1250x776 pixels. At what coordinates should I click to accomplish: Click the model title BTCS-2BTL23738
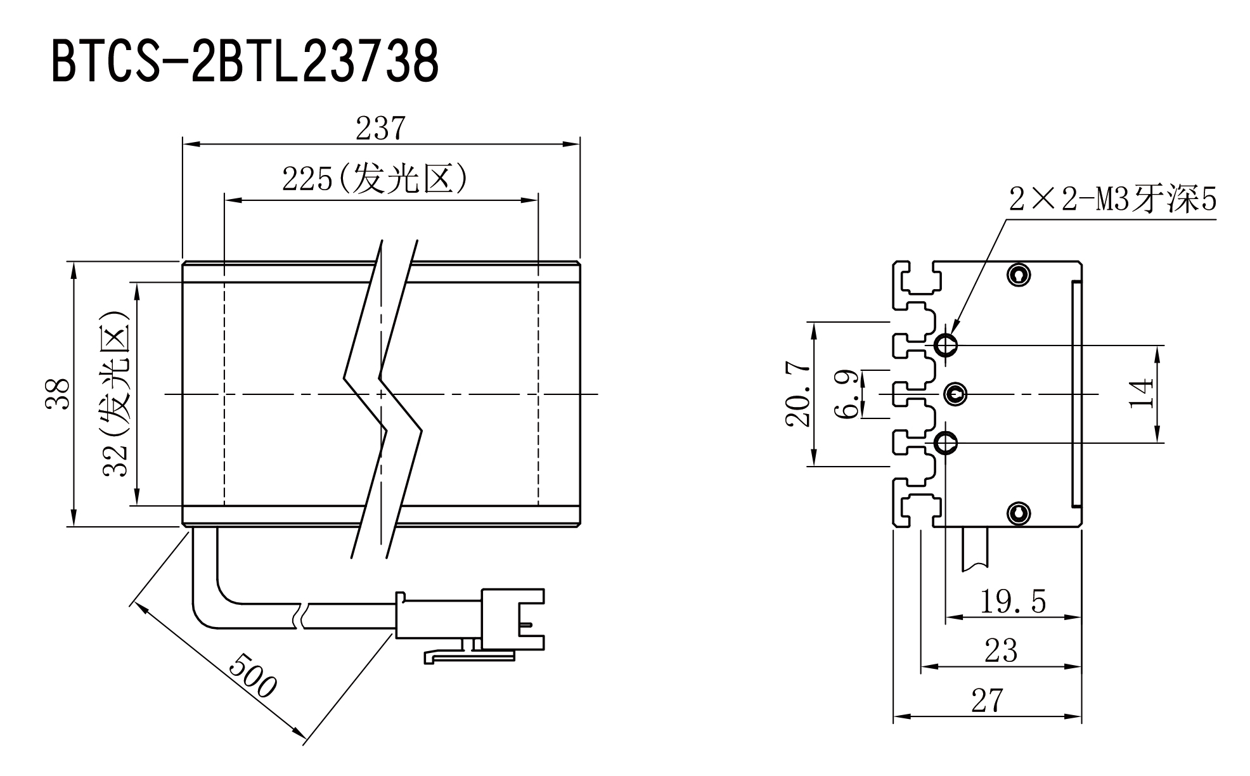tap(245, 61)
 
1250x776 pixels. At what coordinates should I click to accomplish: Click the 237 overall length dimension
tap(380, 128)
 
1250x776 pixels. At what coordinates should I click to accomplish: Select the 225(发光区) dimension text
tap(375, 179)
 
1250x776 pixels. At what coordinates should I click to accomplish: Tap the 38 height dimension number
tap(58, 394)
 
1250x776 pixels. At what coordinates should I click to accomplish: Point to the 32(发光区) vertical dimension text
tap(116, 393)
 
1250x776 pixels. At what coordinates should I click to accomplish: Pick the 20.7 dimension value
tap(798, 394)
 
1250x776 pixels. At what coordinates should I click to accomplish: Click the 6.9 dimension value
tap(847, 394)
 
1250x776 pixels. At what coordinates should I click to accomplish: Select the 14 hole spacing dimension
tap(1142, 394)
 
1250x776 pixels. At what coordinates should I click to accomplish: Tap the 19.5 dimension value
tap(1013, 601)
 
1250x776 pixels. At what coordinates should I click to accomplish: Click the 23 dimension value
tap(1001, 651)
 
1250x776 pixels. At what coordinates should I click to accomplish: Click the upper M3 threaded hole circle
tap(946, 346)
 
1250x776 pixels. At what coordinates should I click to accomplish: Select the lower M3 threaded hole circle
tap(946, 443)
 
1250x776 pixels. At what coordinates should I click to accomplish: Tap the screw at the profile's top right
tap(1019, 275)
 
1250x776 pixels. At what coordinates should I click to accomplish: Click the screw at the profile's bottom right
tap(1019, 513)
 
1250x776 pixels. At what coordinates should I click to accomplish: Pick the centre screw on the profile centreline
tap(956, 394)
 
